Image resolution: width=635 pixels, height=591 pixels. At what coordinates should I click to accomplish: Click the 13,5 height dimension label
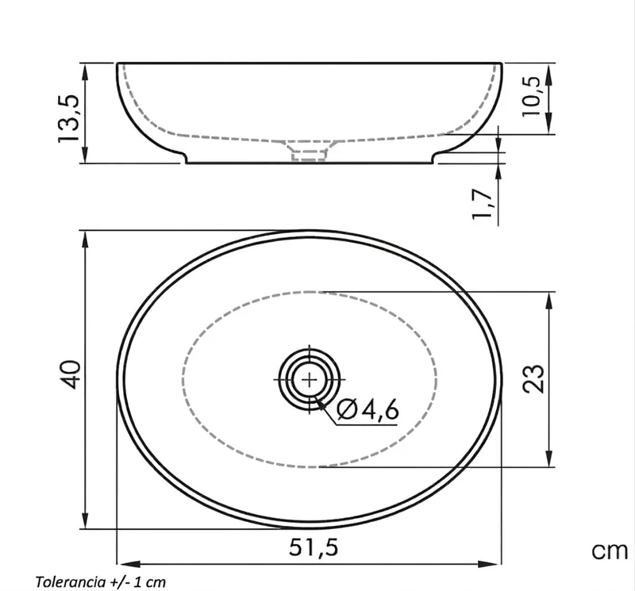(x=68, y=118)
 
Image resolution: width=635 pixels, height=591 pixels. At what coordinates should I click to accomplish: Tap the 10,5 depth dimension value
(x=531, y=96)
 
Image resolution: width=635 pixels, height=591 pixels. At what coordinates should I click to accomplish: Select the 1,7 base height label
(x=483, y=204)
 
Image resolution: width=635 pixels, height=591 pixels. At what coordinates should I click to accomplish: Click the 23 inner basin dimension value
(x=533, y=378)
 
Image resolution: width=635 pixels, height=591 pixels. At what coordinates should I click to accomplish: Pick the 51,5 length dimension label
(x=314, y=547)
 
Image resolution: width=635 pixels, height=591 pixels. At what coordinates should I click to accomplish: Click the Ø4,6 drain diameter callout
(x=368, y=409)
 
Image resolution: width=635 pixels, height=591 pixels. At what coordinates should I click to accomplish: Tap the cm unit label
(x=610, y=551)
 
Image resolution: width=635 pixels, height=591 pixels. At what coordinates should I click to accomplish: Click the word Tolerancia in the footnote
(x=71, y=581)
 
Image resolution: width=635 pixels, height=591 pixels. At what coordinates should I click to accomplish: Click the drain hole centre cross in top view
(x=310, y=380)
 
